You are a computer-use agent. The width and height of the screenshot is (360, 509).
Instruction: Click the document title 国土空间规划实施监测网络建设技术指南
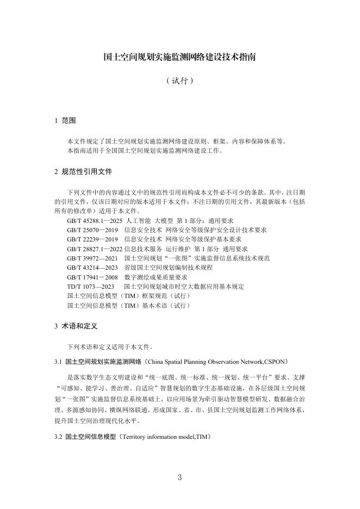[179, 56]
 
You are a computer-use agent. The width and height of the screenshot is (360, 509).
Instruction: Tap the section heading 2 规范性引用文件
[83, 171]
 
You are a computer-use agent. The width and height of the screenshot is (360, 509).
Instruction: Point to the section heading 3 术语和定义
[76, 326]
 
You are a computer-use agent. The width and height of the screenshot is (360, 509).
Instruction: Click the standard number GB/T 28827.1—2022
[94, 248]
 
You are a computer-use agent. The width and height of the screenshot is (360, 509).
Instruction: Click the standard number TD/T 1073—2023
[91, 286]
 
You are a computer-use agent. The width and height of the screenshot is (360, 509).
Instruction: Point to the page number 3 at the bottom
[179, 477]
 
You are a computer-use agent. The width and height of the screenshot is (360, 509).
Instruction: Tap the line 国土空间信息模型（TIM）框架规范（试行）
[129, 296]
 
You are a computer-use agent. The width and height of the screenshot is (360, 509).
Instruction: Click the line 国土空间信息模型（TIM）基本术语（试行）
[129, 306]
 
